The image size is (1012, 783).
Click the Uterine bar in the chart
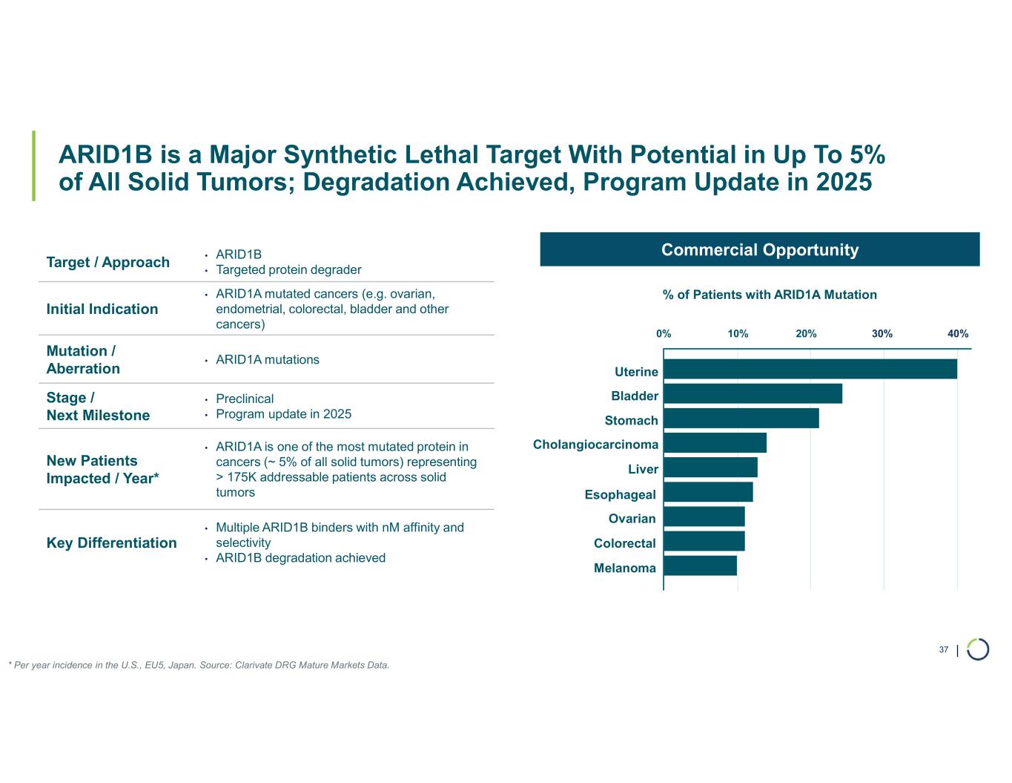(810, 369)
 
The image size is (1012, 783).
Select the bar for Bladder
(753, 393)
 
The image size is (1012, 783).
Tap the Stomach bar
(741, 418)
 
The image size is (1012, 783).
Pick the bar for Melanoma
(700, 566)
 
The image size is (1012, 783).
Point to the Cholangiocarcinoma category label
(595, 445)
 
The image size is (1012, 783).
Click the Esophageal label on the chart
(620, 494)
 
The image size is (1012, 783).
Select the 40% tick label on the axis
(958, 334)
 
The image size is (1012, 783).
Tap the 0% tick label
(664, 334)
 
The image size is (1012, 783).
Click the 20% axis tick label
(806, 334)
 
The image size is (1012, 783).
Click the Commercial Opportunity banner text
(759, 250)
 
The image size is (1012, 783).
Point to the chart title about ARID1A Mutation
(769, 295)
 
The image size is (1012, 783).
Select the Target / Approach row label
(108, 262)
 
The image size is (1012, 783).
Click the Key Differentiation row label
(111, 543)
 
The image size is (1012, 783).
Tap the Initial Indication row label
(102, 309)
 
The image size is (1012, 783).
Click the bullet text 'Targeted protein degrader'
(288, 270)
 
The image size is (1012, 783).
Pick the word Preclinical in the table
(245, 399)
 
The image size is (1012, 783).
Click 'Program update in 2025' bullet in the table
(283, 414)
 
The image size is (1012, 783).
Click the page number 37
(943, 650)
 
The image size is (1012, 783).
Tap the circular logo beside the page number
(977, 649)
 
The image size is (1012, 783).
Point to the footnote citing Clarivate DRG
(199, 665)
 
